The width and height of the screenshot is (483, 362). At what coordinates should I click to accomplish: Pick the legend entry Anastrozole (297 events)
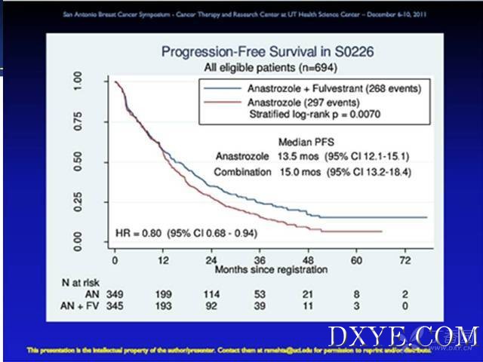[303, 102]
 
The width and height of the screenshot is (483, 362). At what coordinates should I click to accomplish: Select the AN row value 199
[156, 291]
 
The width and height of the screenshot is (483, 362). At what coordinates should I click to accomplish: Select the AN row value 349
[115, 291]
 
